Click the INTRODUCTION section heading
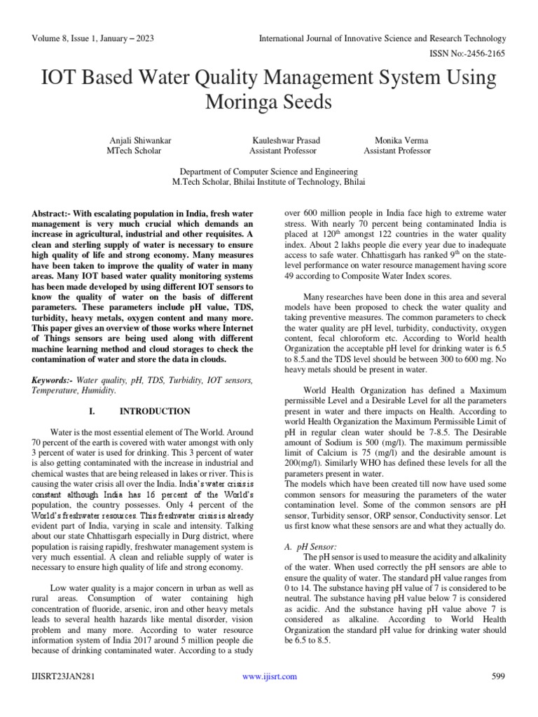tap(155, 411)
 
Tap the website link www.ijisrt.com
tap(269, 676)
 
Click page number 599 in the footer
tap(499, 676)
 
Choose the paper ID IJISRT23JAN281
tap(64, 676)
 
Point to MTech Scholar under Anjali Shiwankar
tap(134, 151)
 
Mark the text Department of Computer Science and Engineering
tap(268, 172)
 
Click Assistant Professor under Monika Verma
tap(397, 151)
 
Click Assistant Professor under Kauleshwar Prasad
tap(283, 151)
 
